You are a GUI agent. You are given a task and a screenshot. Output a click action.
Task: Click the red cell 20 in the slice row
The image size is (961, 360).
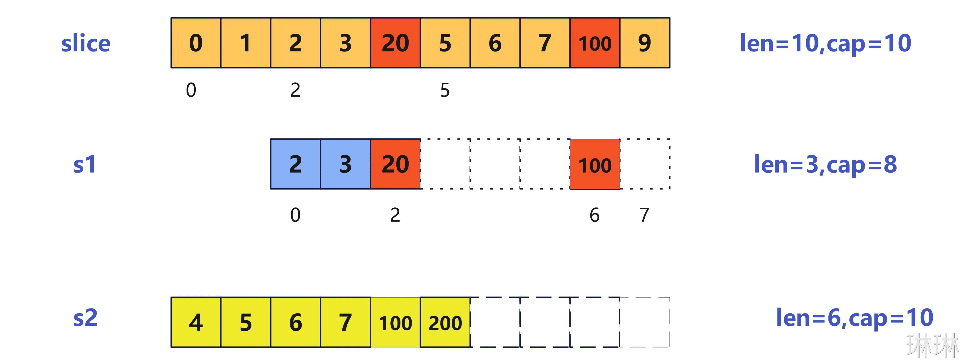[395, 43]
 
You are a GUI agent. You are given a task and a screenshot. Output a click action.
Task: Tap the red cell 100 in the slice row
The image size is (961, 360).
[595, 43]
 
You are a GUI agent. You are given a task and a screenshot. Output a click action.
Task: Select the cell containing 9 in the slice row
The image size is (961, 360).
[645, 43]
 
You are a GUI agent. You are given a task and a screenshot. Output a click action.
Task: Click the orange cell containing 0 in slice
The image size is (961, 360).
[196, 43]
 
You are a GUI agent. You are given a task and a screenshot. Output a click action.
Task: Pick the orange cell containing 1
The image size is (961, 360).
[246, 43]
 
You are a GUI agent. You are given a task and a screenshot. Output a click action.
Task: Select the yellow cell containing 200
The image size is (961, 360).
[445, 322]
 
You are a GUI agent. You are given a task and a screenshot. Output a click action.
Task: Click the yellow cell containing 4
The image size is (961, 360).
[196, 322]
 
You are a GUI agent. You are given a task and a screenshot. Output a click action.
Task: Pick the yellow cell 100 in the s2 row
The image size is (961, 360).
[395, 322]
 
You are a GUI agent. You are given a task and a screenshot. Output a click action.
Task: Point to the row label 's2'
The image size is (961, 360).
[85, 318]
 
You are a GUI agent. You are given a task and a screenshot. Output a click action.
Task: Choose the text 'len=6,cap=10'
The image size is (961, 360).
[854, 318]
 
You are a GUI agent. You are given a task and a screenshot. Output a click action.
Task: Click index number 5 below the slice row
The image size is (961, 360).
[445, 90]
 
